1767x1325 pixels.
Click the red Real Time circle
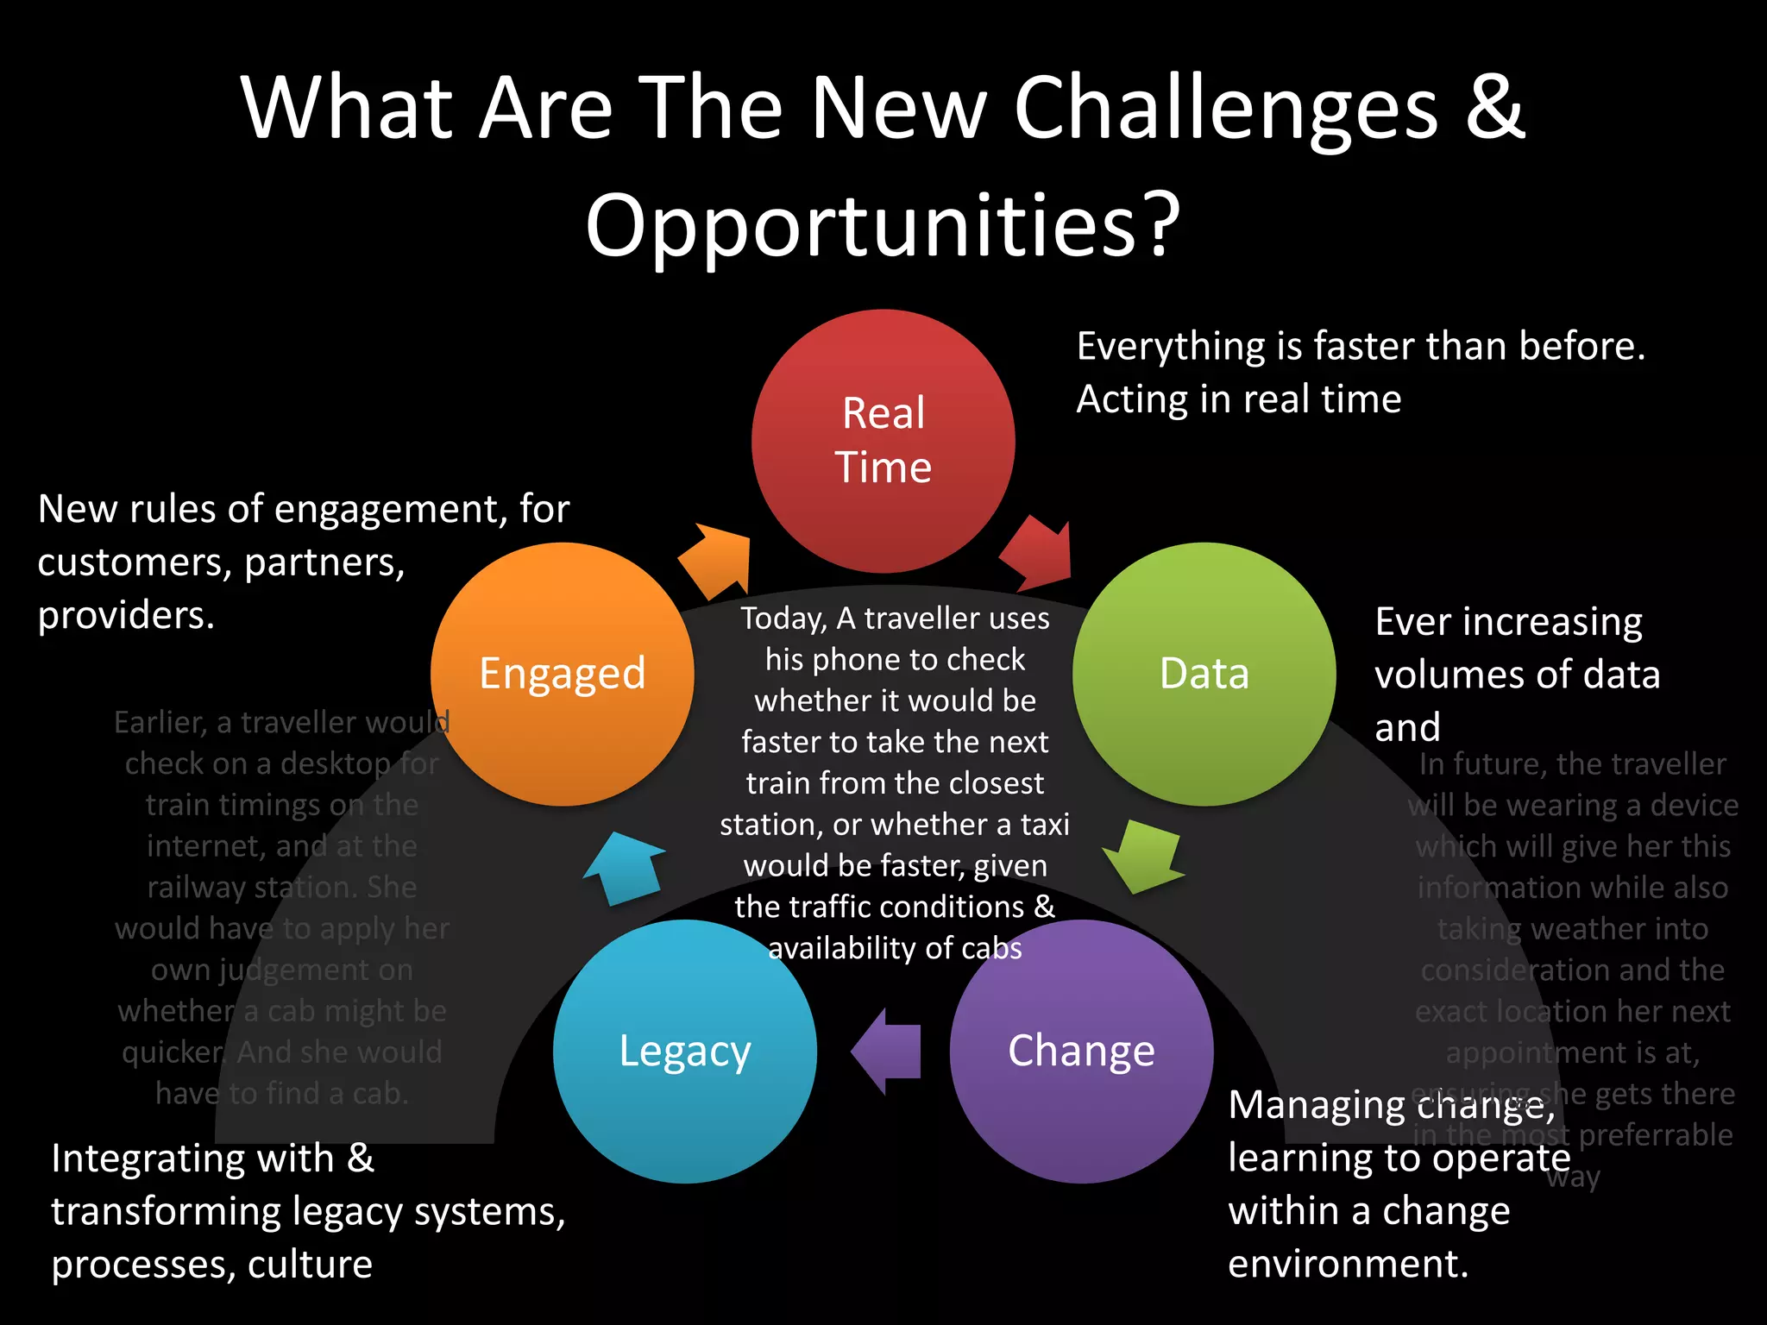point(883,441)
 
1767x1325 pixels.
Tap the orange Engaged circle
point(562,674)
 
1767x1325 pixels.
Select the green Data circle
point(1204,674)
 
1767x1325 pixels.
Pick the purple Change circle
point(1081,1051)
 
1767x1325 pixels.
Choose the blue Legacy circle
point(684,1051)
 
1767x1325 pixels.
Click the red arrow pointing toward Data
point(1041,552)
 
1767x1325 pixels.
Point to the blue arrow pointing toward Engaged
point(626,866)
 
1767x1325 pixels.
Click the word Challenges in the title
point(1225,108)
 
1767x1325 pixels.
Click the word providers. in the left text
point(126,616)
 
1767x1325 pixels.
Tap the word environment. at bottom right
point(1348,1264)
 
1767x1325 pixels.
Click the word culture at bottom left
point(310,1265)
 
